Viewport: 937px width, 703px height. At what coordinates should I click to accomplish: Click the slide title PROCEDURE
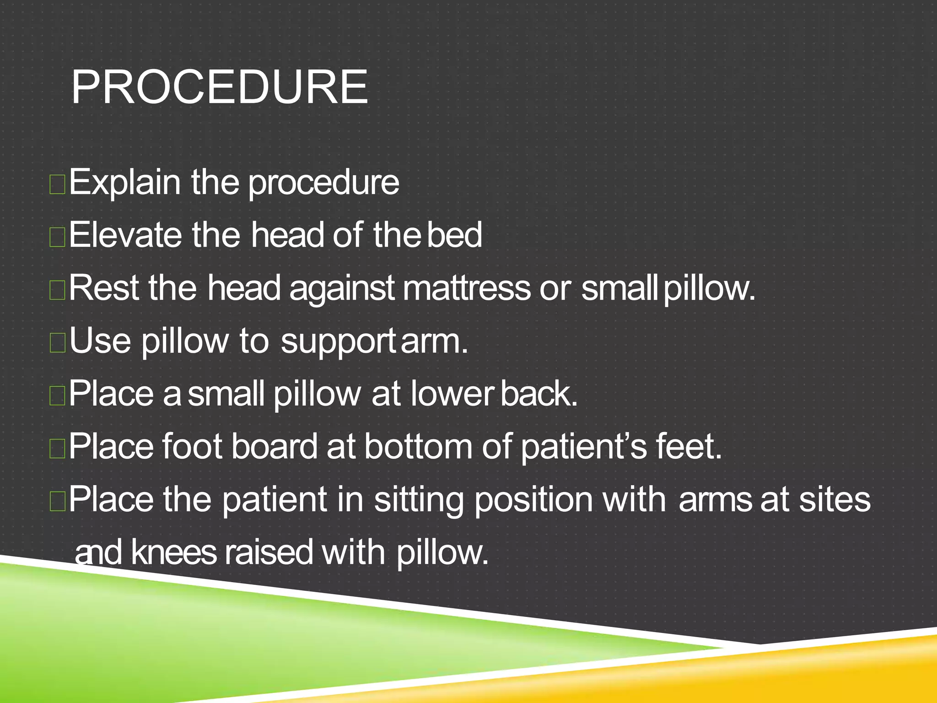[220, 87]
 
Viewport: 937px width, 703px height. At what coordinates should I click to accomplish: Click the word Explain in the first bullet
[124, 183]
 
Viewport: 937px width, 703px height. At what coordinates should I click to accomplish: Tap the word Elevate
[124, 235]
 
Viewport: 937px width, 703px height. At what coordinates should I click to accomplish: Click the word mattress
[467, 288]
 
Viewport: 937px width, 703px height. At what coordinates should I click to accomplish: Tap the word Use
[100, 341]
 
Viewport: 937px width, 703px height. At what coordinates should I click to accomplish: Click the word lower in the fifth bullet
[452, 394]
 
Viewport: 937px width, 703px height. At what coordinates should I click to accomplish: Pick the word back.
[539, 394]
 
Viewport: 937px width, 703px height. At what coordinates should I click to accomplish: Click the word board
[274, 447]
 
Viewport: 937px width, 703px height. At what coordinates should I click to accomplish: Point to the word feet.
[688, 447]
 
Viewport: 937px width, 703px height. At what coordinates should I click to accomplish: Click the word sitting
[419, 500]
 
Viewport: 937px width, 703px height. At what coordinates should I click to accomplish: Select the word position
[533, 500]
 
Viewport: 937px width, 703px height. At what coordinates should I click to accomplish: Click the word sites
[835, 499]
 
